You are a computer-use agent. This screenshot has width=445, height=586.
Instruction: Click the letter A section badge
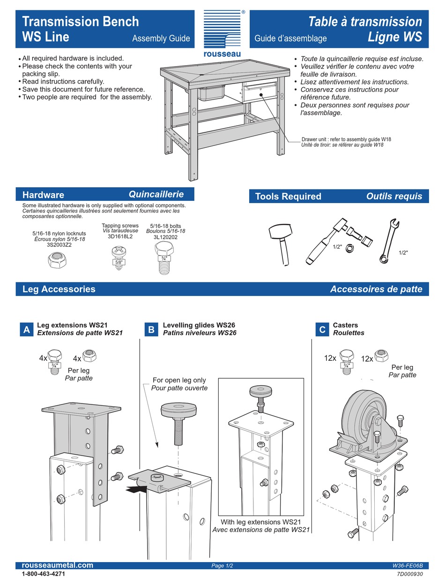click(x=27, y=330)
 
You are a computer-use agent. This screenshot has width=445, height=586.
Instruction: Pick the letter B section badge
click(x=151, y=330)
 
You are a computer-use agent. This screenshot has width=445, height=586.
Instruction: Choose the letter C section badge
click(x=322, y=330)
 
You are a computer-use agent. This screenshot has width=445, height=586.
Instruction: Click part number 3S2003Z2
click(x=59, y=245)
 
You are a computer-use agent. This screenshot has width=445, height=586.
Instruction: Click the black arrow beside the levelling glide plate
click(x=136, y=489)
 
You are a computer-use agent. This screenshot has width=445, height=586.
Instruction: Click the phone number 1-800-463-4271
click(x=44, y=574)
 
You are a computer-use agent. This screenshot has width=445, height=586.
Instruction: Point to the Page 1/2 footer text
click(x=222, y=566)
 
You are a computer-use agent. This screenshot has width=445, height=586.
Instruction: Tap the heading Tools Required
click(x=288, y=197)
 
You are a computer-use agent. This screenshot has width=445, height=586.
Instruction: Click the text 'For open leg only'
click(x=179, y=380)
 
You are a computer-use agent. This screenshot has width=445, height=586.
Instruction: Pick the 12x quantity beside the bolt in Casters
click(x=330, y=358)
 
